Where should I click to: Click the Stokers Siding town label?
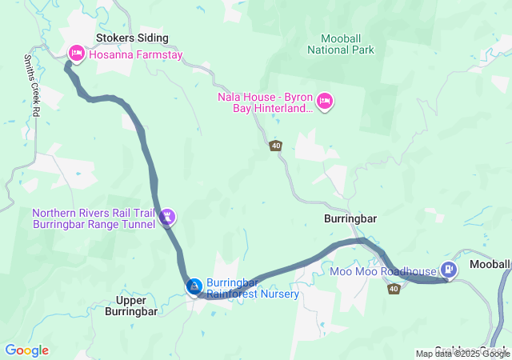coord(132,38)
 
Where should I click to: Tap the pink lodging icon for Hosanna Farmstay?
coord(77,54)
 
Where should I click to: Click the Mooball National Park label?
coord(346,43)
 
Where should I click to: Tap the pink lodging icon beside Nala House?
coord(325,102)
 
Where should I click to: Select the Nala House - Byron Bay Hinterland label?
coord(265,102)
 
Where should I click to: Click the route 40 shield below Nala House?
coord(276,145)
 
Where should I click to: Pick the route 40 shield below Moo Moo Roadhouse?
coord(394,289)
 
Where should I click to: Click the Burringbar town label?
coord(350,218)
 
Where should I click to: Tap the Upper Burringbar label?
coord(131,306)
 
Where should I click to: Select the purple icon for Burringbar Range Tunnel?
coord(168,217)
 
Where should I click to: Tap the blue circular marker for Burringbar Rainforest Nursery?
coord(194,286)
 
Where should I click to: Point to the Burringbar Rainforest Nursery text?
coord(253,288)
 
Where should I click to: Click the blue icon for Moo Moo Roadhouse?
coord(449,270)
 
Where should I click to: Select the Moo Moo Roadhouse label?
coord(382,272)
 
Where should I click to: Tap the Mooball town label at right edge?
coord(490,264)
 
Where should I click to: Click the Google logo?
coord(26,350)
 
